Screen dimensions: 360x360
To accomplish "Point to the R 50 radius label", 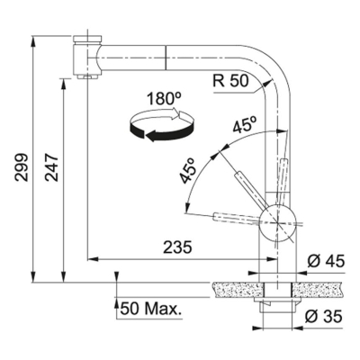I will pyautogui.click(x=230, y=78).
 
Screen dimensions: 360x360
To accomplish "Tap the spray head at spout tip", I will pyautogui.click(x=85, y=64).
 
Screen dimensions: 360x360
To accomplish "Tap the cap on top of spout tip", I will pyautogui.click(x=85, y=36).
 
